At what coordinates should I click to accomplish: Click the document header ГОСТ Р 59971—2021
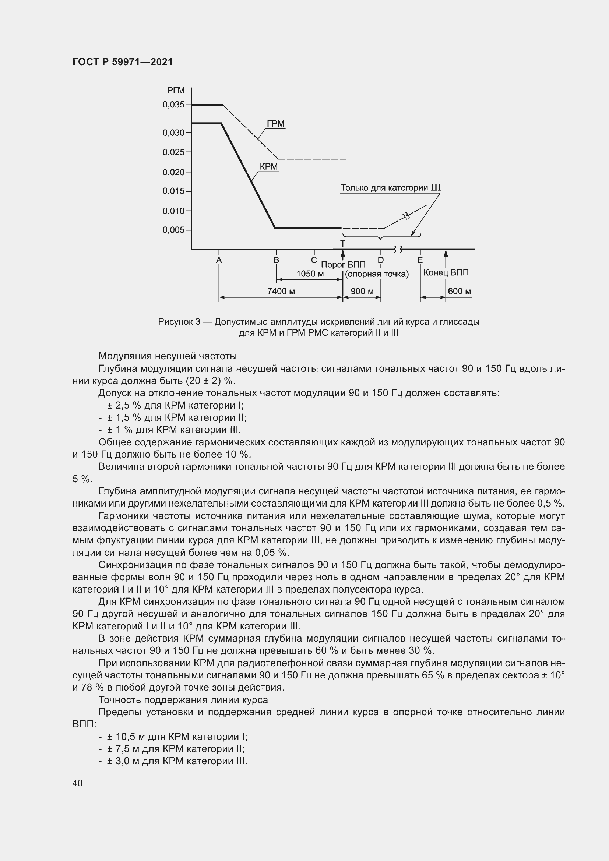click(123, 62)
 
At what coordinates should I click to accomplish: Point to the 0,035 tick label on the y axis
click(173, 105)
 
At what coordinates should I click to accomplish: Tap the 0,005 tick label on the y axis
click(173, 230)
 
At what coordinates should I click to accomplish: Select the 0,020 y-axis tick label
click(173, 173)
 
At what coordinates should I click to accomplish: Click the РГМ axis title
click(176, 91)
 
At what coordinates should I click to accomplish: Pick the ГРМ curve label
click(276, 124)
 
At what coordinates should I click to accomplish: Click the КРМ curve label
click(268, 166)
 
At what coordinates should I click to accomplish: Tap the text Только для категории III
click(390, 187)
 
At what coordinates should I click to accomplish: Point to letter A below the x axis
click(219, 260)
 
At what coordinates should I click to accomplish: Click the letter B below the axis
click(277, 260)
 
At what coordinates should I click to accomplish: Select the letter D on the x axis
click(381, 260)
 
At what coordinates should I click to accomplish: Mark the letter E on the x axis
click(420, 260)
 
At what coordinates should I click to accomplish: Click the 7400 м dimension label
click(281, 292)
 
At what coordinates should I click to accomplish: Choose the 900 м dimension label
click(362, 292)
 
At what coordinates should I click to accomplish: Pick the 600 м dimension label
click(460, 292)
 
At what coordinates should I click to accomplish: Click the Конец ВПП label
click(446, 273)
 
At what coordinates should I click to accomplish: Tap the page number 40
click(78, 783)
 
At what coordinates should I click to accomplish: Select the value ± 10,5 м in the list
click(126, 737)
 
